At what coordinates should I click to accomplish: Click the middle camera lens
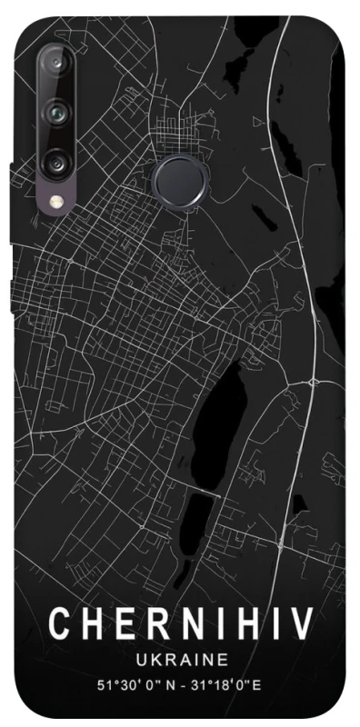56,113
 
